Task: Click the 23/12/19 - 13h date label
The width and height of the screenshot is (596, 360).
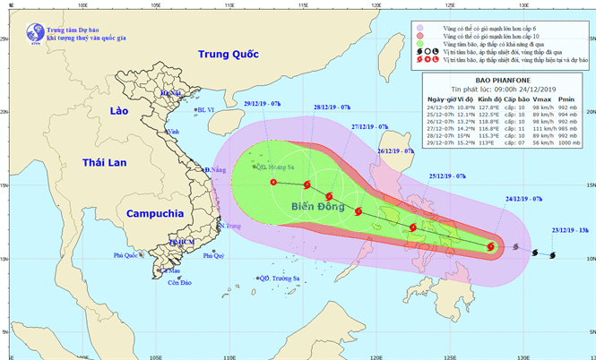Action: (x=570, y=230)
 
